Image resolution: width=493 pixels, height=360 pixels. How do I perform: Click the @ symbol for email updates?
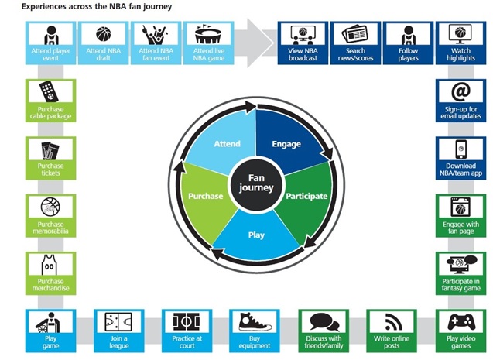[x=460, y=91]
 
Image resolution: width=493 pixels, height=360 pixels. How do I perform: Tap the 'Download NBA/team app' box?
[x=460, y=159]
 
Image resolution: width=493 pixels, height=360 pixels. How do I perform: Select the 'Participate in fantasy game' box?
[x=460, y=273]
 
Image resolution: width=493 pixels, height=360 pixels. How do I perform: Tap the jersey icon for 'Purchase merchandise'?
[x=50, y=266]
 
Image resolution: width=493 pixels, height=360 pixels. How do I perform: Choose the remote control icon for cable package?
[x=50, y=93]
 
